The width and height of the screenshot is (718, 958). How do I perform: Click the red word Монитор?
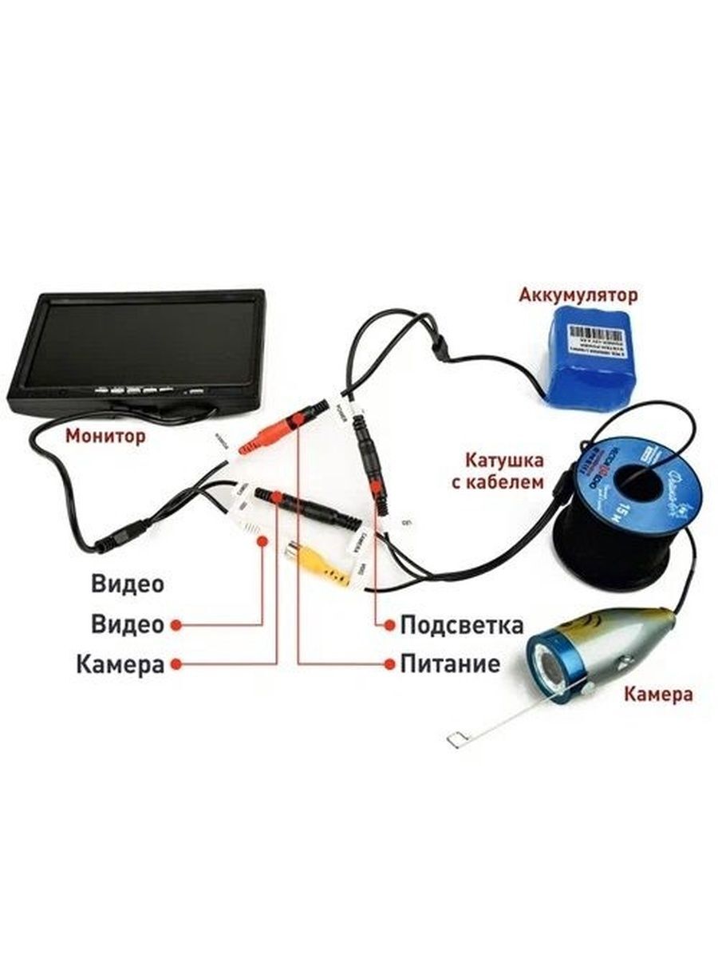click(x=106, y=437)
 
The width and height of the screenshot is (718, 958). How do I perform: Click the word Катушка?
click(x=504, y=461)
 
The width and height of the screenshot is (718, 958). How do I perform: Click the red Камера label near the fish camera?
click(x=658, y=694)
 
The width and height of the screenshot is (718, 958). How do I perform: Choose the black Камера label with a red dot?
click(x=120, y=664)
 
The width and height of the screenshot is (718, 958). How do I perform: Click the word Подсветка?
click(x=462, y=624)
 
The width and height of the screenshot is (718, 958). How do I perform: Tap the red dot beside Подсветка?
click(x=389, y=624)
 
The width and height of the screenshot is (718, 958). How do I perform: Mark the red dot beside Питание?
click(x=389, y=664)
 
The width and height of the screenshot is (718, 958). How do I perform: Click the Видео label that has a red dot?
click(x=127, y=624)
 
